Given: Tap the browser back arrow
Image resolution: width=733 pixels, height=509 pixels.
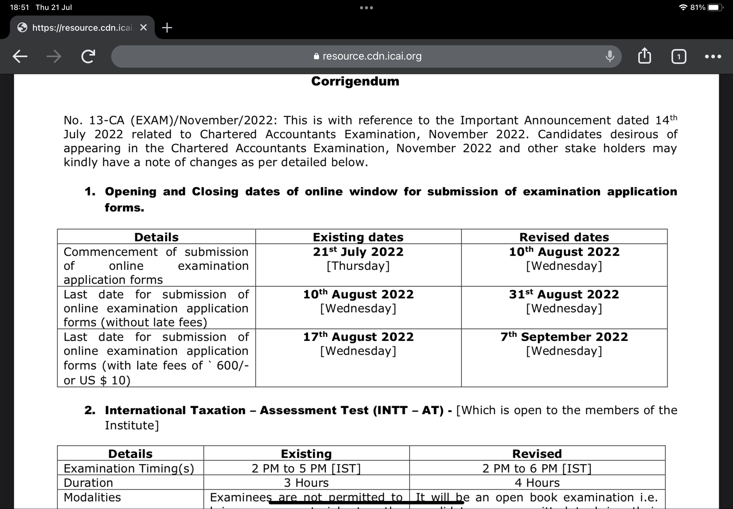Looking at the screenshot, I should point(20,57).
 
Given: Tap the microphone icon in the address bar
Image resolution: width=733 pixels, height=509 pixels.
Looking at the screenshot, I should point(609,56).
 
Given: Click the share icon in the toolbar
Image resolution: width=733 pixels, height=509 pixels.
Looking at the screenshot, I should point(644,56).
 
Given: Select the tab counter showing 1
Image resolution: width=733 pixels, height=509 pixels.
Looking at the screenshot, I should point(678,57).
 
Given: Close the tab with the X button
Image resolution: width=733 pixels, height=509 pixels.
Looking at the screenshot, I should point(143,28).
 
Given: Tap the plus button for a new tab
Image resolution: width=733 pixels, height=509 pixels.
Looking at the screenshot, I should point(167,28).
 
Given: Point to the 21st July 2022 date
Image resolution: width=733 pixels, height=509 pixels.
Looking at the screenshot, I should point(358,252).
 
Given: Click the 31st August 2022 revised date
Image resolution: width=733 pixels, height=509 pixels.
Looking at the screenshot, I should point(564,294).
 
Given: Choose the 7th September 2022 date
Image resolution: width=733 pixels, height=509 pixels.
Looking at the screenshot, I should point(564,337).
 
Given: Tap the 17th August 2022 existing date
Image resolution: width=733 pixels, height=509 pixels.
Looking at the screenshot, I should point(358,337).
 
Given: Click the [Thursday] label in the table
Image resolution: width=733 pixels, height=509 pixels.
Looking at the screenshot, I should point(358,266).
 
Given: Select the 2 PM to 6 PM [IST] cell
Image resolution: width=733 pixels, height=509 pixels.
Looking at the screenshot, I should point(537,468).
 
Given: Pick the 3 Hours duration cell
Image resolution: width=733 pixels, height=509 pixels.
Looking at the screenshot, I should point(306,483).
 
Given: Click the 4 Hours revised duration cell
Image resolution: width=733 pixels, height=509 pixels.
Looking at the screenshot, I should point(537,483).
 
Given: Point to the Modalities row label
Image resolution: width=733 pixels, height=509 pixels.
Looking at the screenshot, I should point(92,497).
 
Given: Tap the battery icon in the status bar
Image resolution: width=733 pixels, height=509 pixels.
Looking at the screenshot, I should point(714,7).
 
